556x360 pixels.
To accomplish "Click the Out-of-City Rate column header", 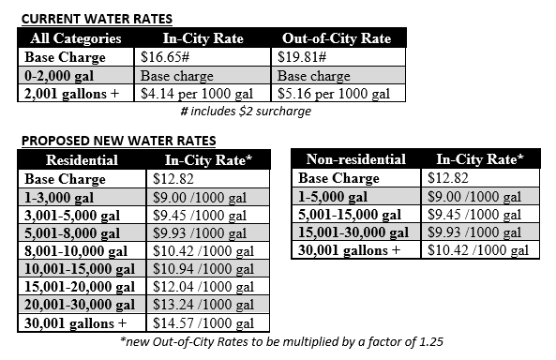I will [337, 38].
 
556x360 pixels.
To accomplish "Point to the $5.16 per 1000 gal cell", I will [333, 93].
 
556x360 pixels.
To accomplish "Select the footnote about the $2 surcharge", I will [245, 111].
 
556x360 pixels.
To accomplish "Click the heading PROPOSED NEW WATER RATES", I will [118, 142].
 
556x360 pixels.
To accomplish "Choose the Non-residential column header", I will [356, 160].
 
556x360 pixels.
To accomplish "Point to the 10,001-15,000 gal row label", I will [80, 269].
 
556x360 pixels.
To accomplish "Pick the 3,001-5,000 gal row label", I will [72, 215].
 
